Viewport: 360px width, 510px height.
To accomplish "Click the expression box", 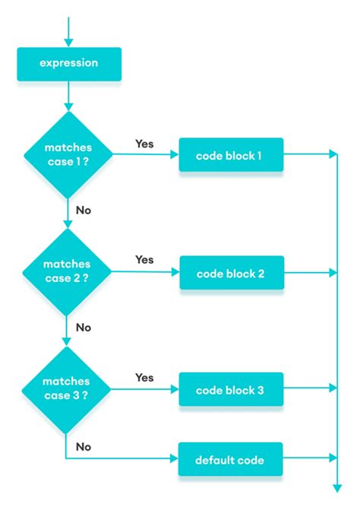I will [68, 64].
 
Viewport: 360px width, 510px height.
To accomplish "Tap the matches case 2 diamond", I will [68, 271].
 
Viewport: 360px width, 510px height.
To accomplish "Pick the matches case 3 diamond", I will [68, 388].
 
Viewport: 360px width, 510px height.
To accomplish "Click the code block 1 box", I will [230, 155].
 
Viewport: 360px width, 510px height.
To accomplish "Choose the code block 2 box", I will [230, 272].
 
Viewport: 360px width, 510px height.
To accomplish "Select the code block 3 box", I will [230, 389].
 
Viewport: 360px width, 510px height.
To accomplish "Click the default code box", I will [230, 459].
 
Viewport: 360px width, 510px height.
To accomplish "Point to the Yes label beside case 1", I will [144, 143].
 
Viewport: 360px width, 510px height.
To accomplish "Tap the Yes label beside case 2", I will [144, 260].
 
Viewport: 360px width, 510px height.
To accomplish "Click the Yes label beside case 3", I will [144, 377].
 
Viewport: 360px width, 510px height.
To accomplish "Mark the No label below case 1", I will [83, 211].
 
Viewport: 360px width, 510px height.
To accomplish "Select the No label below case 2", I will [83, 328].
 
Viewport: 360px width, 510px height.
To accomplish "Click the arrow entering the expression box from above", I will [68, 34].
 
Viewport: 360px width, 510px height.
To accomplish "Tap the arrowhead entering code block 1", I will [174, 155].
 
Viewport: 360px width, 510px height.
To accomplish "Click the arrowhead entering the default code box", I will [174, 459].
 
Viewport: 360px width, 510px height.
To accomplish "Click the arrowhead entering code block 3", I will [174, 389].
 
